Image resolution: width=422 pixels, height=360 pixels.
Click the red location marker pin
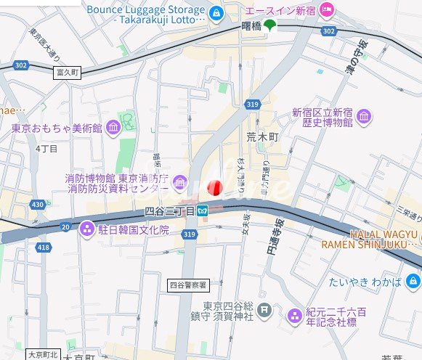(x=214, y=187)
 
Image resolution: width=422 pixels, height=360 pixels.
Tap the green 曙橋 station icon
(x=270, y=26)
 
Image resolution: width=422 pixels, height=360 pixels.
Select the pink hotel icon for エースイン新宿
(x=327, y=10)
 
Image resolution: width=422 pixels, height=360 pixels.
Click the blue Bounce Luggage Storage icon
(x=215, y=12)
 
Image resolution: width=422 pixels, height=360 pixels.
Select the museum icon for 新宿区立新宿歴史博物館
(x=364, y=117)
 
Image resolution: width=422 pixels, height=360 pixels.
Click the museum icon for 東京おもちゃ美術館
(x=113, y=128)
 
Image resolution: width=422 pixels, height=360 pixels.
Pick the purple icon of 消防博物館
(x=179, y=180)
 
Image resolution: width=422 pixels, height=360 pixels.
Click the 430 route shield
(x=38, y=205)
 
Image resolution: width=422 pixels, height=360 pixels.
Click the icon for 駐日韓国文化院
(x=88, y=229)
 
